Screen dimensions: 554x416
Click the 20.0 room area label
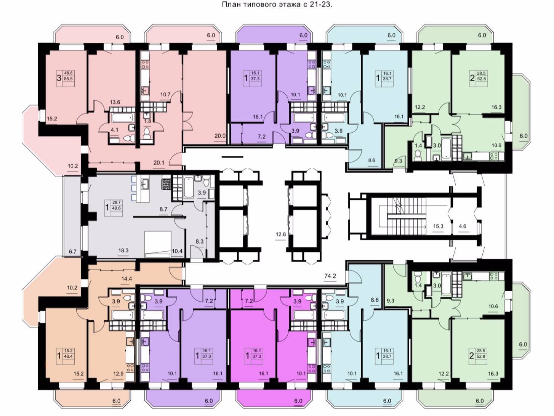(220, 136)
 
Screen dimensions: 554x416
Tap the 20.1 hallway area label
(159, 163)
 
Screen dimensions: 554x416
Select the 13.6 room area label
(115, 102)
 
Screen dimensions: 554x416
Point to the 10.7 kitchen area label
(165, 95)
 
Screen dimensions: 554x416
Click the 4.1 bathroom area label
(114, 130)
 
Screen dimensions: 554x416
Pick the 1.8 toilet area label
(147, 121)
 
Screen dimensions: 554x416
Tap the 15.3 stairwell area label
(438, 226)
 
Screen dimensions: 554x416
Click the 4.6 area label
(463, 226)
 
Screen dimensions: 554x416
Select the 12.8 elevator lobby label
(281, 234)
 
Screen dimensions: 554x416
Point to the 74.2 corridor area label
(330, 276)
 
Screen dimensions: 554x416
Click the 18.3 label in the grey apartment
(123, 250)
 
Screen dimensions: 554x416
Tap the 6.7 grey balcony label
(72, 251)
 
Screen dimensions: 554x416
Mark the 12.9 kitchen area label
(118, 373)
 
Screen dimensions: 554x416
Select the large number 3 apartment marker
(59, 78)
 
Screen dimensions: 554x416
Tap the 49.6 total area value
(117, 208)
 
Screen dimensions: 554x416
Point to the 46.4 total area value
(69, 357)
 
